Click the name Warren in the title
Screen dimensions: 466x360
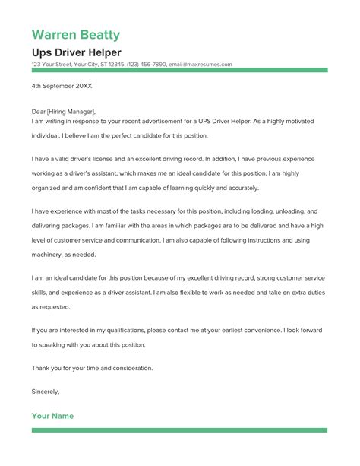pyautogui.click(x=56, y=35)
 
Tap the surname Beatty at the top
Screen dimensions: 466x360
pyautogui.click(x=101, y=35)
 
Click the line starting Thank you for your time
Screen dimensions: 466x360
pyautogui.click(x=92, y=368)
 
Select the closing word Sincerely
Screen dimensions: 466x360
pyautogui.click(x=45, y=392)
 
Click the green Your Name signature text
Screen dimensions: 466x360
pyautogui.click(x=52, y=417)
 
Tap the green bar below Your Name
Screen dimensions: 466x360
pyautogui.click(x=179, y=430)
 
